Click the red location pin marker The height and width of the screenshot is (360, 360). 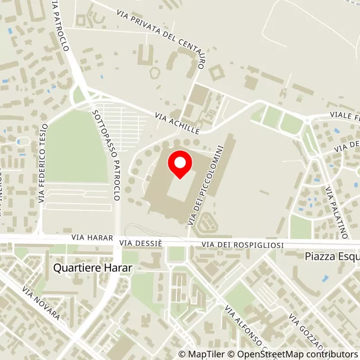180,165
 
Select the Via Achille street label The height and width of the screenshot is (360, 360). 177,123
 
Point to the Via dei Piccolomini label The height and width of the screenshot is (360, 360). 206,184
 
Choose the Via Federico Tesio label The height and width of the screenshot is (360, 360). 43,162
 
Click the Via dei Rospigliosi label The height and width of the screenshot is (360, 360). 243,244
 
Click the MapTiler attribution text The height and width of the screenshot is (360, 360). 198,354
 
